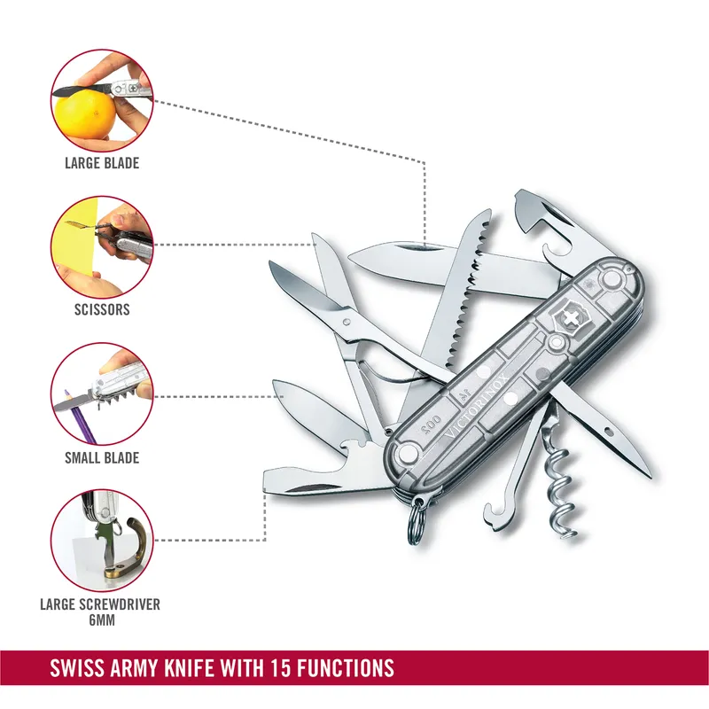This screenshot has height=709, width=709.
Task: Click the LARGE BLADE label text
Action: (x=102, y=163)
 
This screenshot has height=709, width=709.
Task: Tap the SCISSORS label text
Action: (x=102, y=310)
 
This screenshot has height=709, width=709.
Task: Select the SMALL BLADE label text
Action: (x=102, y=458)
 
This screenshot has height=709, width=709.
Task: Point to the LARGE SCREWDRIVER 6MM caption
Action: (x=99, y=612)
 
